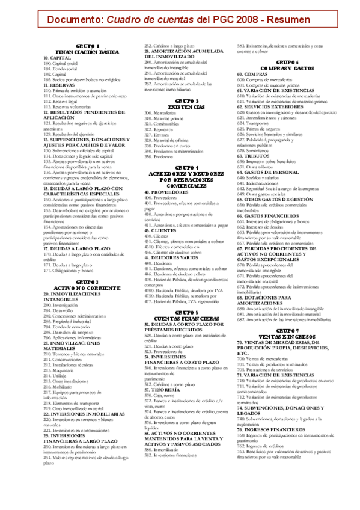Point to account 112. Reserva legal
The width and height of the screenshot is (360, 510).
(59, 102)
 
